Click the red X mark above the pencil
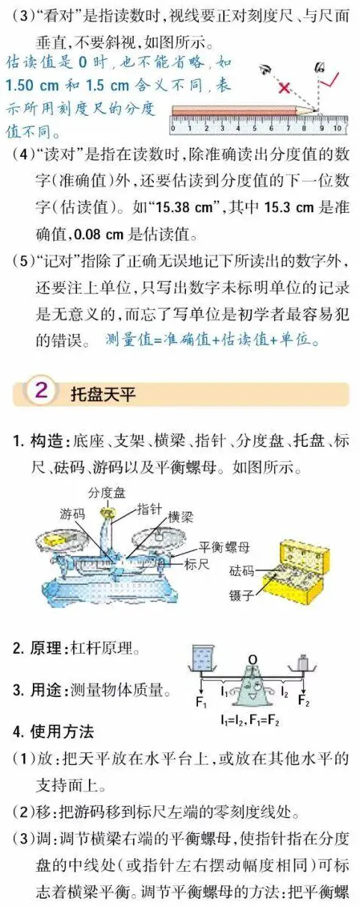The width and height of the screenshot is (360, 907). click(x=283, y=87)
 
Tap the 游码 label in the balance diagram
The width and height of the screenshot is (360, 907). click(x=72, y=514)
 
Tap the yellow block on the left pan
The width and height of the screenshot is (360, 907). click(x=54, y=538)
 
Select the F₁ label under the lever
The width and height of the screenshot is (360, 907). click(x=201, y=702)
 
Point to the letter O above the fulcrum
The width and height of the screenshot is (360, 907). click(x=253, y=658)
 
